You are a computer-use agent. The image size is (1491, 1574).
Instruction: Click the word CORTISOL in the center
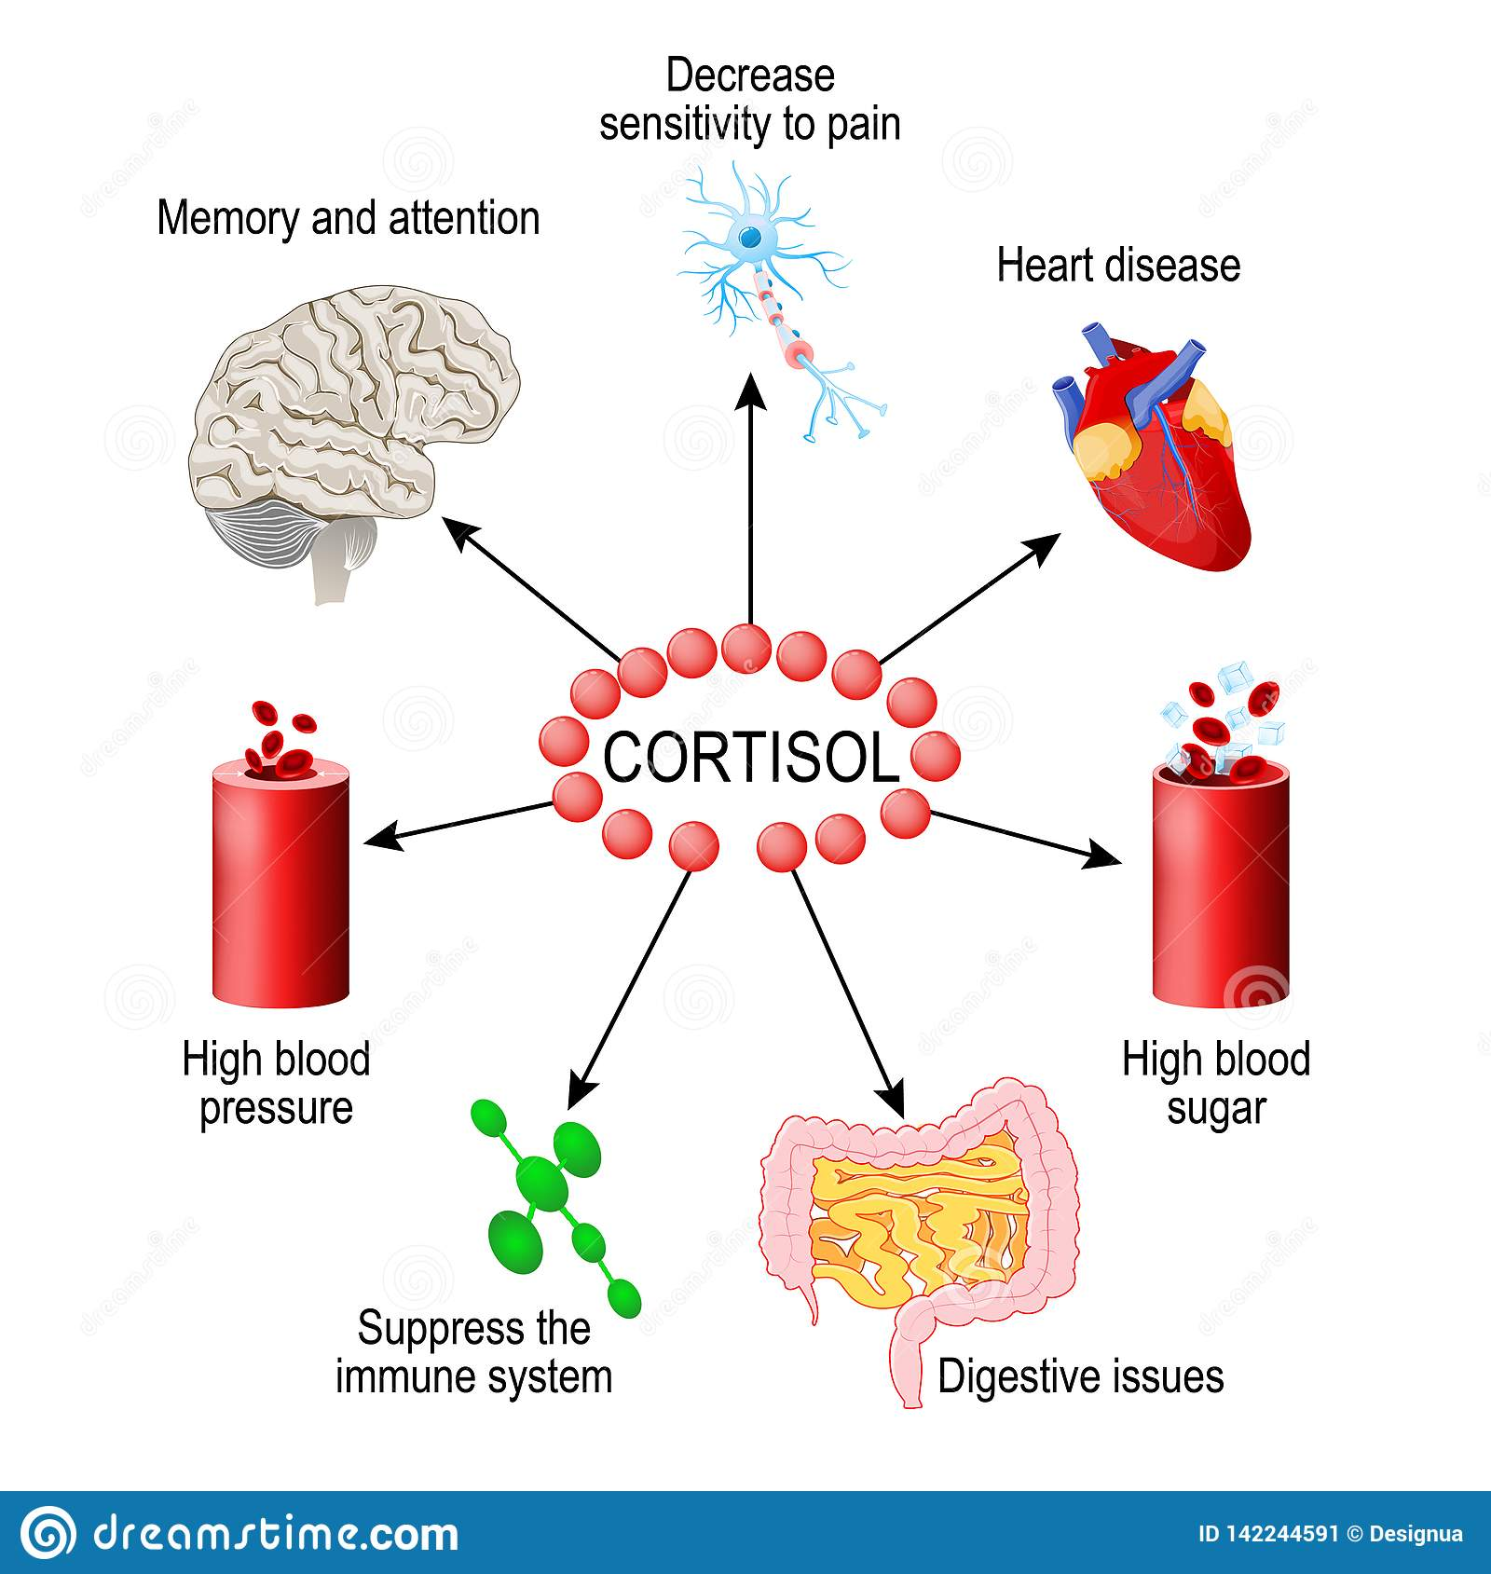point(750,757)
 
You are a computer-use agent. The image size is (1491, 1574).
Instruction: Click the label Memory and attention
point(349,219)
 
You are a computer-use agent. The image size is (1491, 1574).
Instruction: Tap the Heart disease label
point(1118,266)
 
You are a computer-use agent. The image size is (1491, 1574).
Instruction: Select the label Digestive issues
point(1080,1376)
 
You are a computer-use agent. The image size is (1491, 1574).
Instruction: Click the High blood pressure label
point(276,1084)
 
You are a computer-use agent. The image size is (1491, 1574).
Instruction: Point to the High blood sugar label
point(1215,1084)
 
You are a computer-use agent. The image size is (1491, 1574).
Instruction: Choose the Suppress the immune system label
point(473,1352)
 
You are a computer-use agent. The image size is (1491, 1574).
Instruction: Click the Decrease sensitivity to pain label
point(750,101)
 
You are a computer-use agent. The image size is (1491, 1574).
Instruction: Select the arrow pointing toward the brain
point(531,587)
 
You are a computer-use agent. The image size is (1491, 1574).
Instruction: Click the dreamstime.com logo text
point(276,1533)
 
